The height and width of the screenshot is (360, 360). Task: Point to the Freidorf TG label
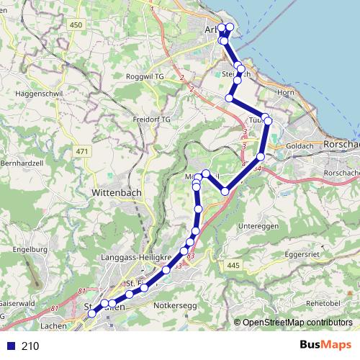[x=151, y=119]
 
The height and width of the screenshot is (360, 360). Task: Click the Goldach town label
[x=300, y=145]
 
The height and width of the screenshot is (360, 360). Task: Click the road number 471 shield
[x=81, y=150]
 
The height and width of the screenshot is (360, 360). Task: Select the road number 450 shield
[x=76, y=24]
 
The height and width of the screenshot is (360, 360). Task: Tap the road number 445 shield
[x=232, y=266]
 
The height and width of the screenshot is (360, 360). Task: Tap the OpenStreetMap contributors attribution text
[x=297, y=322]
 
